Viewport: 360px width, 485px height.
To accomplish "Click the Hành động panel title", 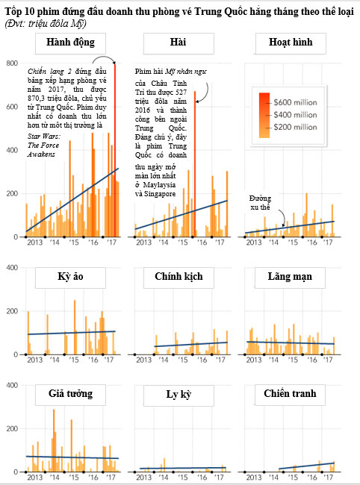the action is pos(70,43).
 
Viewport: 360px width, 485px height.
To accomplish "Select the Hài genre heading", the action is pos(179,42).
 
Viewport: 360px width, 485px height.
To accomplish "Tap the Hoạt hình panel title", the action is pos(291,42).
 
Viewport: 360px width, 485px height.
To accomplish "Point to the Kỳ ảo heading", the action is pos(70,277).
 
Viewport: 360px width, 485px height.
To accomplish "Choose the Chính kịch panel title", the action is pos(179,276).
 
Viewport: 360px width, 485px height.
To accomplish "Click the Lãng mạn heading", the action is pos(290,277).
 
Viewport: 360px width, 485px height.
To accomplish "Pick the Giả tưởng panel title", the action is pos(70,393).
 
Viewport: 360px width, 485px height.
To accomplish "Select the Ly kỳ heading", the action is pos(179,395).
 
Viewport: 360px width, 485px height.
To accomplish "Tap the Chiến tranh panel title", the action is pos(290,393).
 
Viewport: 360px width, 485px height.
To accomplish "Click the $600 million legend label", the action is pos(295,102).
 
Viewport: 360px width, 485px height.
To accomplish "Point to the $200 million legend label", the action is pos(295,127).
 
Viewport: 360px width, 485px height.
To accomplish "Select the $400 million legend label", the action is pos(295,115).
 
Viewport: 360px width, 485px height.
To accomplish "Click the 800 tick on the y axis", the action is pos(12,63).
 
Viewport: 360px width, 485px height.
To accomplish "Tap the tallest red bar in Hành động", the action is pos(115,150).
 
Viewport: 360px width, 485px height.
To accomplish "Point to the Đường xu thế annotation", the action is pos(261,203).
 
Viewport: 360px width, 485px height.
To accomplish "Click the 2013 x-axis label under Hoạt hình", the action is pos(254,242).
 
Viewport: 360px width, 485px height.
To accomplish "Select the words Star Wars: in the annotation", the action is pos(44,136).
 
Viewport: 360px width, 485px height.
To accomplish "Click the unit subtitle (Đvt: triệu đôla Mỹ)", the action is pos(46,24).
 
